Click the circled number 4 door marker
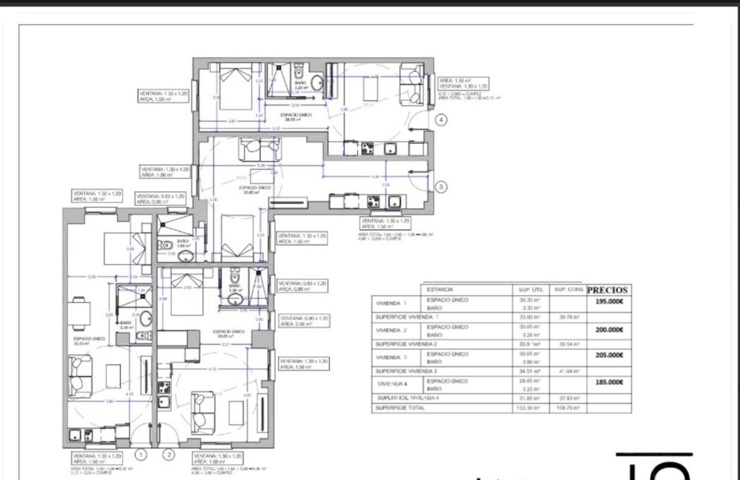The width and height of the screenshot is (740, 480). coord(441,120)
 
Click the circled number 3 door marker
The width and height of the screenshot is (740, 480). coord(441,187)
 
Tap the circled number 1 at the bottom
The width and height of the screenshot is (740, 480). coord(141,455)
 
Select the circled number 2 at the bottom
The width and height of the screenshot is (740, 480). coord(169,455)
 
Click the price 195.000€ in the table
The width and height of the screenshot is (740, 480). coord(609,302)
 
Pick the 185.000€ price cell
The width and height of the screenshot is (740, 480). coord(609,382)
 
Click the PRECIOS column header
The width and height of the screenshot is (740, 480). coord(607,290)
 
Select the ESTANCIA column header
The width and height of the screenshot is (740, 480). coord(440,290)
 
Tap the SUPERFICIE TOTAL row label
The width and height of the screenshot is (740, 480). coord(400,408)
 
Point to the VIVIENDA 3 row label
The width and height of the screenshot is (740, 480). coord(391,357)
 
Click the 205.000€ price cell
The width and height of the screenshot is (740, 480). coord(609,355)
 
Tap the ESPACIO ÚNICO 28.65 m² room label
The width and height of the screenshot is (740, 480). coord(296,117)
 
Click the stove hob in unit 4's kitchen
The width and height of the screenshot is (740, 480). coord(367,148)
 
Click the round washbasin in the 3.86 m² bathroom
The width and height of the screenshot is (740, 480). coord(187,255)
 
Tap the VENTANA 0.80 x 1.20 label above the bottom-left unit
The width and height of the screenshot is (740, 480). coord(161,199)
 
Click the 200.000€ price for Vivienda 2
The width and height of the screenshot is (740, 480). coord(609,330)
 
